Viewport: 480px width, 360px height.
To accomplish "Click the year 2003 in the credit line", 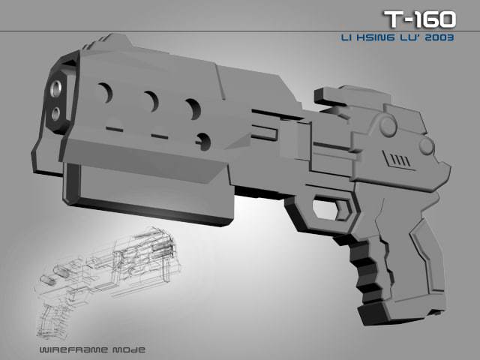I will click(x=438, y=39).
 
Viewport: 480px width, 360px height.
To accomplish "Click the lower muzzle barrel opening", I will click(x=57, y=113).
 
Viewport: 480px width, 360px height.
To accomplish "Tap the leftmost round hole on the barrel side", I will click(x=104, y=93).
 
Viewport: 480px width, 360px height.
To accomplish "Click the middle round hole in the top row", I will click(x=151, y=101).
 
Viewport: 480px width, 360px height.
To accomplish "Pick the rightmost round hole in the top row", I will click(x=193, y=109).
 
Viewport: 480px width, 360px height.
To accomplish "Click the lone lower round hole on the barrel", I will click(x=202, y=140).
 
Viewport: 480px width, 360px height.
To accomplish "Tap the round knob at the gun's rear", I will click(x=426, y=145).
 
